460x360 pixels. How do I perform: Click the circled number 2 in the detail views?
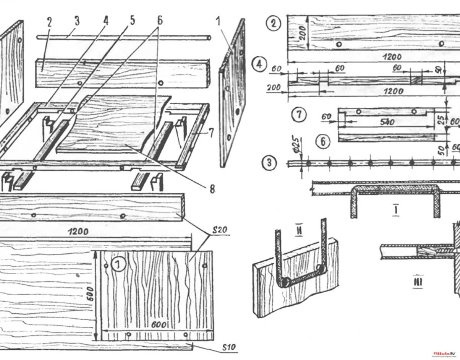coord(273,24)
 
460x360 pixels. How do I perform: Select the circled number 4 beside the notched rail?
coord(259,65)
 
